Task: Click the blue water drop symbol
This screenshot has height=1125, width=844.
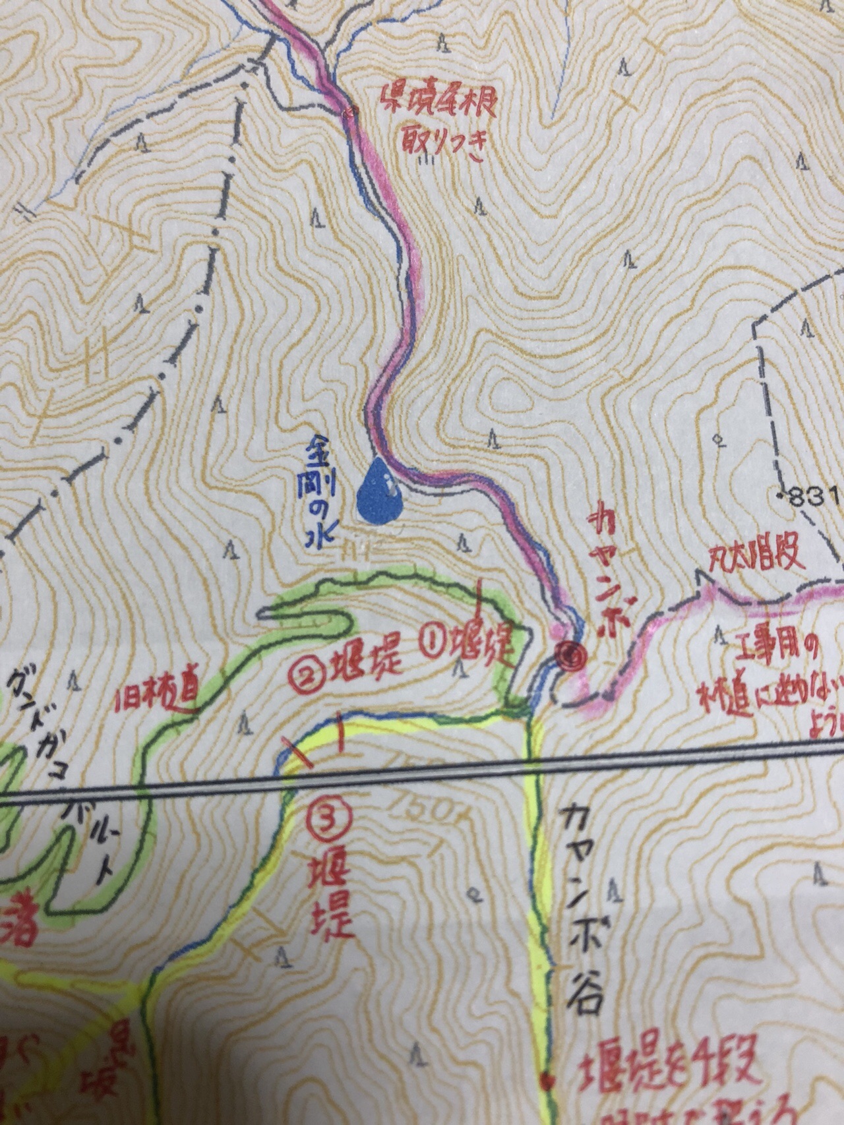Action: pyautogui.click(x=379, y=489)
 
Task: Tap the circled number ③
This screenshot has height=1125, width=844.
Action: pyautogui.click(x=329, y=820)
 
